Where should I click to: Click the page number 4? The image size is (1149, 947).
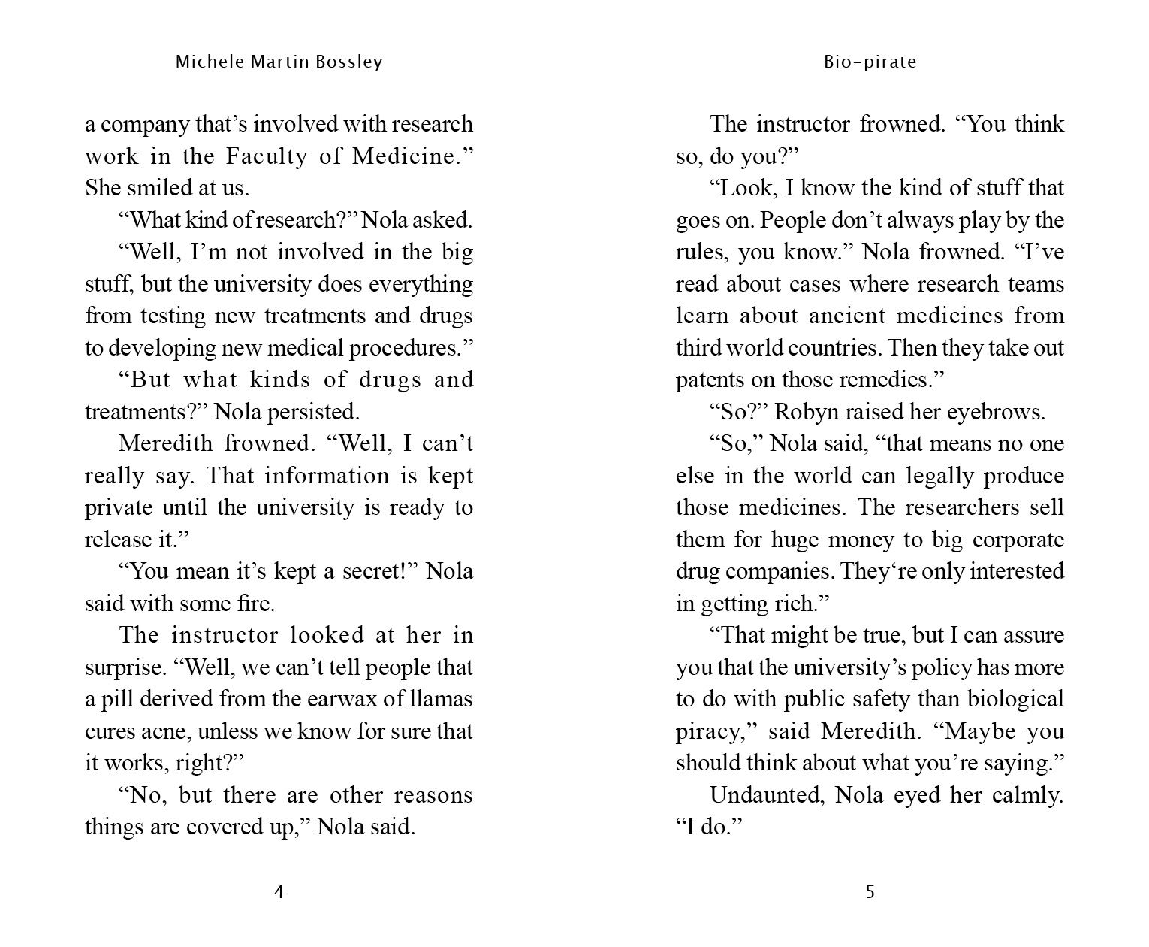tap(279, 892)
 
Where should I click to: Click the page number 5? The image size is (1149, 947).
tap(870, 892)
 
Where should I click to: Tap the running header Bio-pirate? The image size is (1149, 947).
tap(870, 62)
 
